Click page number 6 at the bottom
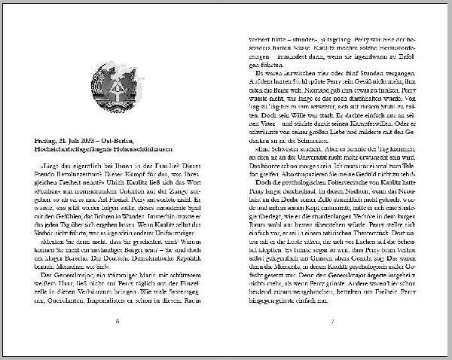point(118,342)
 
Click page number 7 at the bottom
point(332,342)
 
